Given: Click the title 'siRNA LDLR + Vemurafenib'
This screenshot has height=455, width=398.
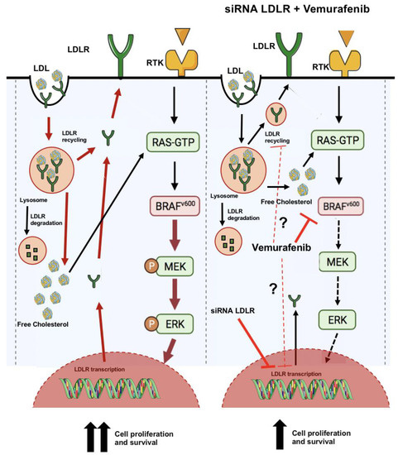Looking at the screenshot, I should [304, 10].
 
